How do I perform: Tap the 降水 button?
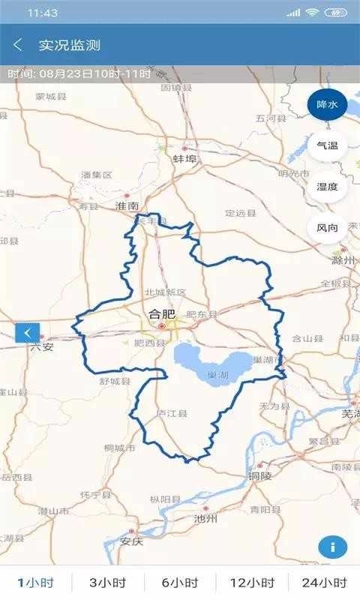327,105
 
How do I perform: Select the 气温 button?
327,145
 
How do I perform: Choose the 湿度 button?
327,187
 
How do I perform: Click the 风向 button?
327,227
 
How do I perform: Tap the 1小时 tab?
36,583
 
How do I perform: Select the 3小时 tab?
108,583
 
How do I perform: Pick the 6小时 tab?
180,583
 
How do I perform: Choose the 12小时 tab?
252,583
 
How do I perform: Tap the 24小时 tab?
324,583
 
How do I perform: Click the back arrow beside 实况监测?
18,45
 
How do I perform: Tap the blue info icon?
332,547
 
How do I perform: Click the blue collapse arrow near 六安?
27,332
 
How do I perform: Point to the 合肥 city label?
162,314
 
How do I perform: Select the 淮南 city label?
127,205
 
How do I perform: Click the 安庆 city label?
131,541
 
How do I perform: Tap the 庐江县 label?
171,413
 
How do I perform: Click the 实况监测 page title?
70,45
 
